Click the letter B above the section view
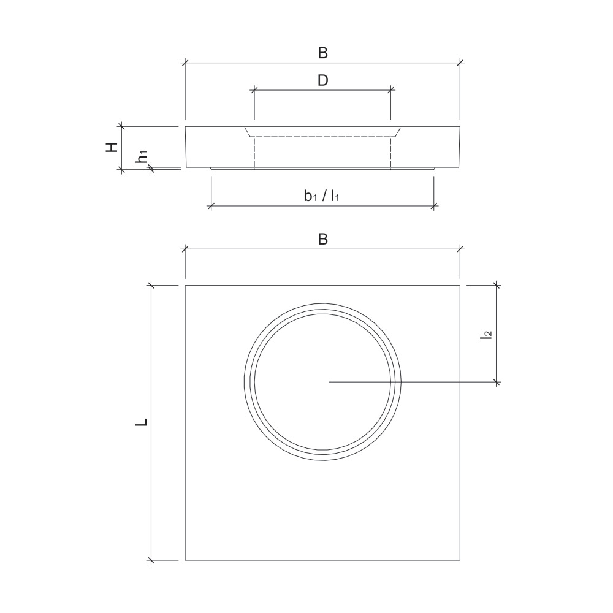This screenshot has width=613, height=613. coord(322,53)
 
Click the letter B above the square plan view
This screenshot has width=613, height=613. coord(322,240)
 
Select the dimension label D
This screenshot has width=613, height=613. coord(322,80)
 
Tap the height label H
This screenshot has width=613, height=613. coord(112,147)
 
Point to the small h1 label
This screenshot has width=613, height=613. coord(142,156)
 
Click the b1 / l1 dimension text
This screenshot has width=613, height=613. coord(322,196)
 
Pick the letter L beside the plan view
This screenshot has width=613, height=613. coord(142,422)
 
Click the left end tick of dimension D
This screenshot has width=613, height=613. coord(254,89)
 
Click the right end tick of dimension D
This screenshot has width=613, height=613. coord(390,89)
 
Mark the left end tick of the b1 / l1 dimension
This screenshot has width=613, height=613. coord(210,205)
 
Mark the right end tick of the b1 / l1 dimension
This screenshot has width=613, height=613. coord(433,205)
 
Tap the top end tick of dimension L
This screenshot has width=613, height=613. coord(151,285)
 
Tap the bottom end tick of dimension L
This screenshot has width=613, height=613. coord(151,560)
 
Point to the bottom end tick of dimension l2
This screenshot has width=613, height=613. coord(497,382)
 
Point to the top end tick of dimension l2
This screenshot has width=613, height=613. coord(497,285)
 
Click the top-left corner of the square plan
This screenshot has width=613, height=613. coord(185,285)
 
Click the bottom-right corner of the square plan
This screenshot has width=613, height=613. coord(460,560)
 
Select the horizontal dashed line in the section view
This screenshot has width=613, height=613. coord(322,136)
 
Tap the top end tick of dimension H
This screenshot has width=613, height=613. coord(122,126)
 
